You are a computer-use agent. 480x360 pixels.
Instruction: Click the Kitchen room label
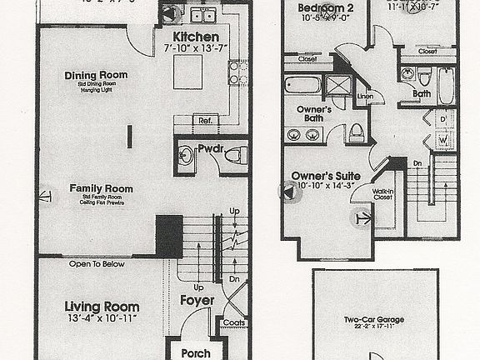[197, 37]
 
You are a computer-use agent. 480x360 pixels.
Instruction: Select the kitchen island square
[190, 77]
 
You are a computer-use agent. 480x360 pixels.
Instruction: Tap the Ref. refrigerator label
[205, 121]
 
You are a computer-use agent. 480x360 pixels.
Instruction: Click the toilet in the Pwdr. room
[235, 154]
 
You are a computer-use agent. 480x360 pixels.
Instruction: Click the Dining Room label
[96, 76]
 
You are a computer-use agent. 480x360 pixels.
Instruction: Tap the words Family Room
[102, 188]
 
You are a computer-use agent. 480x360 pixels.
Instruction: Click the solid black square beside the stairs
[169, 236]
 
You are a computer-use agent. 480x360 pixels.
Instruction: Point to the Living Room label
[102, 307]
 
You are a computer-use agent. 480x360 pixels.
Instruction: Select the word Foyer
[197, 300]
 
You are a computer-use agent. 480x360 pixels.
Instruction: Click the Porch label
[197, 353]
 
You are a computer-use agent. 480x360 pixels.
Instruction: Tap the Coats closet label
[233, 323]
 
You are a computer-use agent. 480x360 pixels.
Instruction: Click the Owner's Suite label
[325, 177]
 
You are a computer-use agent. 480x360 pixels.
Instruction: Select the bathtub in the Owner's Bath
[302, 86]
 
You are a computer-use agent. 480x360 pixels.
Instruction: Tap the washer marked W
[442, 142]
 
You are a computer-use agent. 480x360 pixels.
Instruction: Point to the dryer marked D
[442, 119]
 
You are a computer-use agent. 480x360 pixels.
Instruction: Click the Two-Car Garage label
[375, 319]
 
